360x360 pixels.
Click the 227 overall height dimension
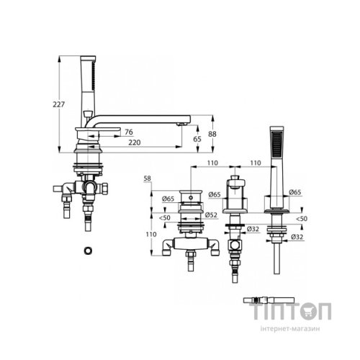point(59,104)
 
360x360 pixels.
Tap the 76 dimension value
point(129,132)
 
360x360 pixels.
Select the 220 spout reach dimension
point(134,143)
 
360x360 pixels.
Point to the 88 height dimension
point(212,134)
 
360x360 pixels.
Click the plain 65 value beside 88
point(197,139)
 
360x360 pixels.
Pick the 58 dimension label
point(148,179)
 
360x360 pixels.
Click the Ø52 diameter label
point(212,215)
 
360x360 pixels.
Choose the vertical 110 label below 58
point(151,234)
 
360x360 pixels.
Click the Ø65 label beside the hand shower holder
point(295,192)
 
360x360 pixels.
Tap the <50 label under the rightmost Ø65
point(302,219)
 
